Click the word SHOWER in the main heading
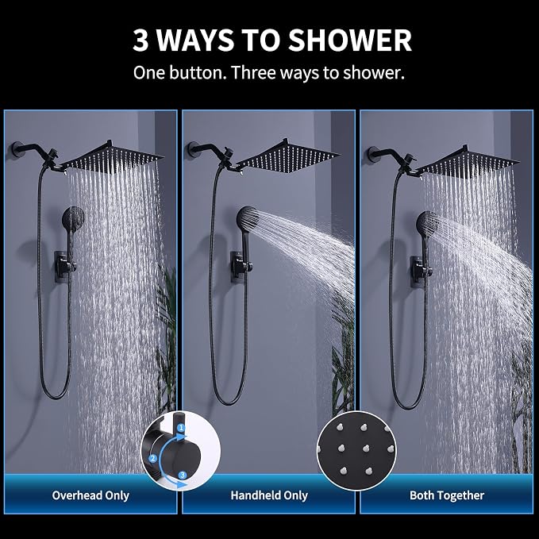tap(349, 40)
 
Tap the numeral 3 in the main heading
tap(141, 40)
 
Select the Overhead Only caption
tap(90, 495)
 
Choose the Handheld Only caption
tap(269, 495)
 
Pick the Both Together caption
tap(447, 495)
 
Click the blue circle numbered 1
tap(181, 429)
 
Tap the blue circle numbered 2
tap(152, 458)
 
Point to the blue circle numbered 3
tap(183, 475)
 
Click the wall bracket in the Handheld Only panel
tap(240, 267)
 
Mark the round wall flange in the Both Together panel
tap(372, 154)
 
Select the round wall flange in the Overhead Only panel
tap(16, 149)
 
